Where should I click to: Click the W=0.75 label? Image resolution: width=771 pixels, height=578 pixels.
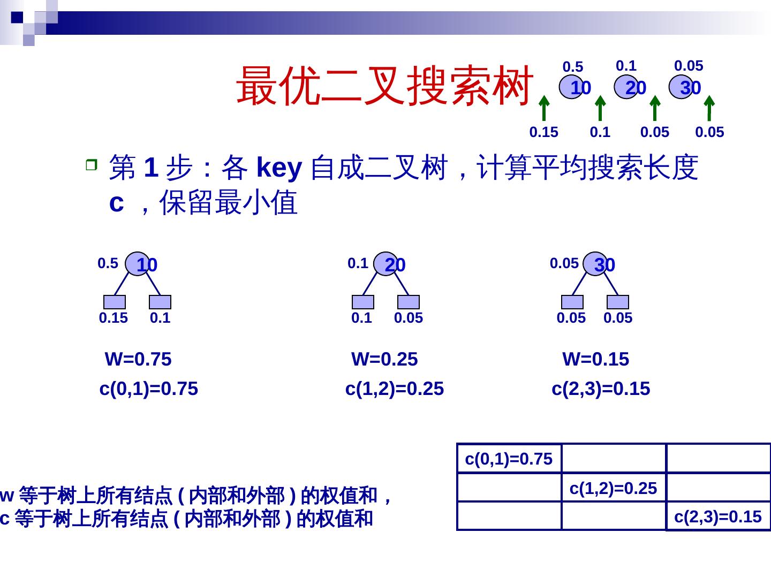click(138, 359)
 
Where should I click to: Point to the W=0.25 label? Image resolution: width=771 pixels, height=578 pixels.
click(384, 359)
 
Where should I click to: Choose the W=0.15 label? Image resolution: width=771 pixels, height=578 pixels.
click(595, 359)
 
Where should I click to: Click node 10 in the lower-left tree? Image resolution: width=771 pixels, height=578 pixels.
click(138, 264)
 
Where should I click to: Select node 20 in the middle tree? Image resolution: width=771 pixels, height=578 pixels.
click(386, 264)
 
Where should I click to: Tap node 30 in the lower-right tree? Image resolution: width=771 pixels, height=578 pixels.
click(596, 264)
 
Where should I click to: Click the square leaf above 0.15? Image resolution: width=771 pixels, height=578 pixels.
click(115, 302)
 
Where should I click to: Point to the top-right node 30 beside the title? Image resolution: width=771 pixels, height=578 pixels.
click(681, 87)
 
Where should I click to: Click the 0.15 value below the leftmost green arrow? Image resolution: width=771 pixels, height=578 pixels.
click(543, 132)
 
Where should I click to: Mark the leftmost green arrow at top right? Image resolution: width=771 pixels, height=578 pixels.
click(544, 108)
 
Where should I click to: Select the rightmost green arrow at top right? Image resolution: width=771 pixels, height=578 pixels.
click(709, 108)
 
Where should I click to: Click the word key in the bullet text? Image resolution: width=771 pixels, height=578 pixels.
click(279, 168)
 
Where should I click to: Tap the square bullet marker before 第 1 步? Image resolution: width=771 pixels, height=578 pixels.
click(92, 165)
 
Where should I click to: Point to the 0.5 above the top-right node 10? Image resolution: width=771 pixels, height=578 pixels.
click(572, 67)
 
